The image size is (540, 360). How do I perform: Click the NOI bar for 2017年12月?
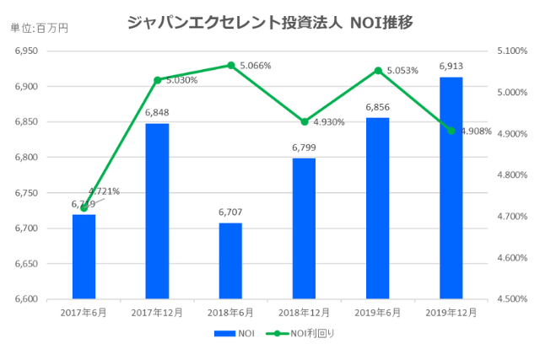click(x=157, y=211)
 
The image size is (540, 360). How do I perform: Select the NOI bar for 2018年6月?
click(x=230, y=261)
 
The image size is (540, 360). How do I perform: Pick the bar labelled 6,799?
click(x=304, y=228)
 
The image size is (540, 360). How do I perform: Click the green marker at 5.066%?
click(x=230, y=65)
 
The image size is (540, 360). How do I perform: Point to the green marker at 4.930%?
click(x=305, y=121)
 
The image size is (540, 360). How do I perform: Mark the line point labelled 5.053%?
click(x=378, y=71)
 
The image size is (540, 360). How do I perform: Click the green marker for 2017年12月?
click(x=157, y=80)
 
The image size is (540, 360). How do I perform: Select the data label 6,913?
click(x=451, y=65)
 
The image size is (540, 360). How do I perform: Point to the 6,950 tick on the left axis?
click(x=27, y=51)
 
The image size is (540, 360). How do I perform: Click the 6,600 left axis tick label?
click(x=27, y=299)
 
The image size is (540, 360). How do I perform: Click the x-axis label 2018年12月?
click(x=304, y=313)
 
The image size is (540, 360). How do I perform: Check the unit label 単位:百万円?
click(x=39, y=28)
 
